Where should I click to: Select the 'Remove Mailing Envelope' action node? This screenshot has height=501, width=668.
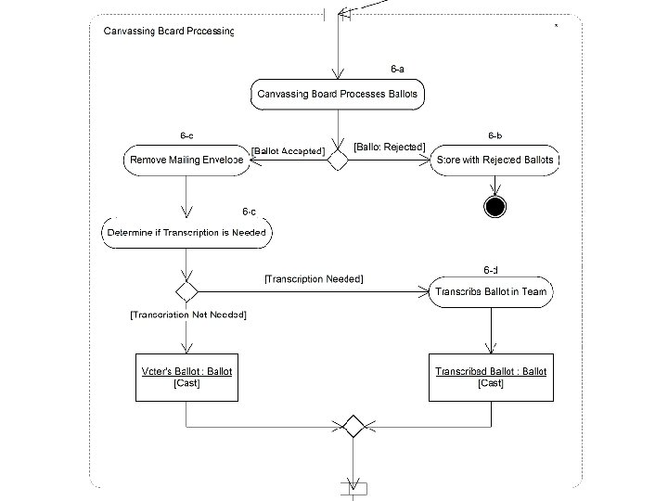(186, 160)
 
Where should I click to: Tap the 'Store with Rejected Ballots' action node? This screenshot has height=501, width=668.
(495, 160)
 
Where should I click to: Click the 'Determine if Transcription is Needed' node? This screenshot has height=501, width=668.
(186, 233)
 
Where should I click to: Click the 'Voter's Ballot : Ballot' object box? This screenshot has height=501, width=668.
(186, 377)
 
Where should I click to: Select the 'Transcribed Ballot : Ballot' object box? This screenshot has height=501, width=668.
(491, 377)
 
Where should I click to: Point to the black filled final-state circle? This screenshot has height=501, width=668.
(495, 206)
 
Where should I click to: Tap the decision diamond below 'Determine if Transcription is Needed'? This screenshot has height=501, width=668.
(187, 291)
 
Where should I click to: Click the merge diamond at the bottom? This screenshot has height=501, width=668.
(352, 427)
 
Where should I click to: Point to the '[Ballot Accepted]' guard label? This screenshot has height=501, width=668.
(289, 150)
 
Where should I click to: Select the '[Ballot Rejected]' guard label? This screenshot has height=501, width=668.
(391, 148)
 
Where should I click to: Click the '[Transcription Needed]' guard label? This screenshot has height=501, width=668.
(314, 278)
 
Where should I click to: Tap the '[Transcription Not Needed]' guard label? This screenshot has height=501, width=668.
(187, 315)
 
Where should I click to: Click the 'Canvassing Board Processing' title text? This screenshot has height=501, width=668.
(168, 31)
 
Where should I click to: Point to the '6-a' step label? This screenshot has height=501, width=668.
(397, 69)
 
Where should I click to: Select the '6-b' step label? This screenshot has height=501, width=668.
(495, 136)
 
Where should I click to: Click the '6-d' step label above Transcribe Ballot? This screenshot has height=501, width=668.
(491, 270)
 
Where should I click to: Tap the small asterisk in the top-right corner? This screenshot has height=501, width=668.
(556, 26)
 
